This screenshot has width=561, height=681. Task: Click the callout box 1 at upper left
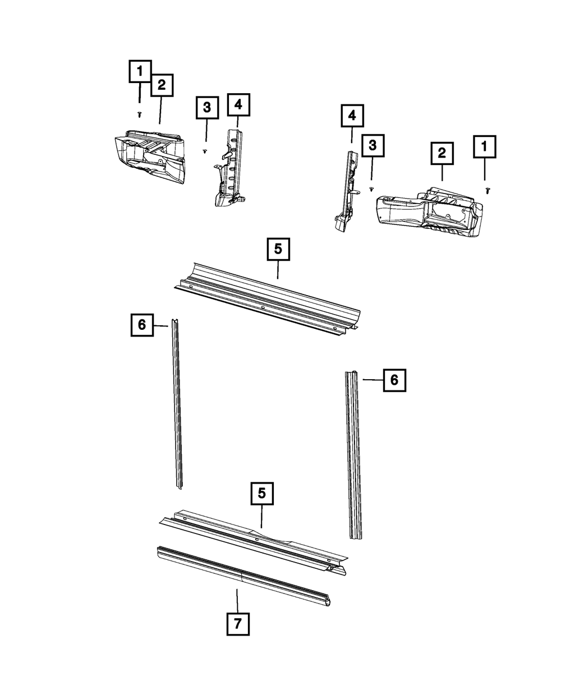pyautogui.click(x=140, y=72)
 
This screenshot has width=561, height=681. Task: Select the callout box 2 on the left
pyautogui.click(x=162, y=85)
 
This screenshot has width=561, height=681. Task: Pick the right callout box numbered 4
pyautogui.click(x=352, y=116)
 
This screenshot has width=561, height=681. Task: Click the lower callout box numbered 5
pyautogui.click(x=261, y=494)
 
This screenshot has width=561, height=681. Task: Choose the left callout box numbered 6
pyautogui.click(x=142, y=325)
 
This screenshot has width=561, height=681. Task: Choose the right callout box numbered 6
pyautogui.click(x=394, y=380)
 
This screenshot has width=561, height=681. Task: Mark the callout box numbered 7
pyautogui.click(x=238, y=624)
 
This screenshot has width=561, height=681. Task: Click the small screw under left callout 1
pyautogui.click(x=140, y=114)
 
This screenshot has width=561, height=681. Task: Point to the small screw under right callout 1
pyautogui.click(x=487, y=191)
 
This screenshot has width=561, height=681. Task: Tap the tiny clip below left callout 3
pyautogui.click(x=205, y=150)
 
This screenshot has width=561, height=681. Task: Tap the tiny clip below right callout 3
pyautogui.click(x=371, y=190)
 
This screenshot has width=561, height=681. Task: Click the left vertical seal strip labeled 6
pyautogui.click(x=177, y=404)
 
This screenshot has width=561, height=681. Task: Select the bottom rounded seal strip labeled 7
pyautogui.click(x=241, y=575)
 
